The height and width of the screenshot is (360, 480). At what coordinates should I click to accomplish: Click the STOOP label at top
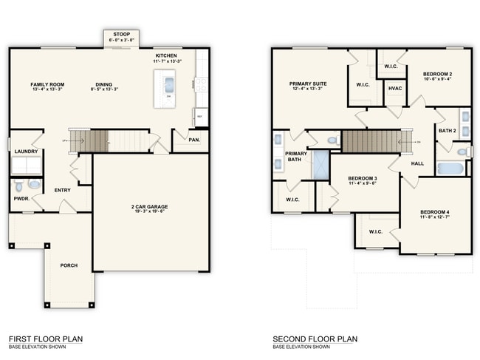point(120,33)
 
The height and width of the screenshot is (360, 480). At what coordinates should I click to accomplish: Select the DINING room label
point(103,84)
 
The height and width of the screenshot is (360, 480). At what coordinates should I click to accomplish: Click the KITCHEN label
point(165,55)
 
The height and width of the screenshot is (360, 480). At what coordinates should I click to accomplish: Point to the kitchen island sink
point(168,83)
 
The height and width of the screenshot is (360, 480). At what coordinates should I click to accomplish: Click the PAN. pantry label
point(194,138)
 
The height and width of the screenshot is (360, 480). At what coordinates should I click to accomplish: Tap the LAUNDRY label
point(26,152)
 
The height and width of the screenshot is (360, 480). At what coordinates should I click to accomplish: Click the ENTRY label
point(63,190)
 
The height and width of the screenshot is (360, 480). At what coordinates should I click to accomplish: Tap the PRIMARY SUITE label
point(306,84)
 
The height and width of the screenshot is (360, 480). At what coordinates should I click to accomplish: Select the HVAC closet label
point(394,89)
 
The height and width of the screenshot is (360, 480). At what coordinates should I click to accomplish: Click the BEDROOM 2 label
point(437,75)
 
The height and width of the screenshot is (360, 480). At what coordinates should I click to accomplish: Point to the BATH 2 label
point(448,131)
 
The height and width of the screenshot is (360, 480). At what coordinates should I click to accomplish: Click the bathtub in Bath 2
point(450,168)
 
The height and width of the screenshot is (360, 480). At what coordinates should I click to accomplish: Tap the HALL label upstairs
point(417,163)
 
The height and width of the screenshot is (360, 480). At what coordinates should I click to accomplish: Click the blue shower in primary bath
point(320,165)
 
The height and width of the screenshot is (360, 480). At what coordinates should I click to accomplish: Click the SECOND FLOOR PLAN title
point(315,339)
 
